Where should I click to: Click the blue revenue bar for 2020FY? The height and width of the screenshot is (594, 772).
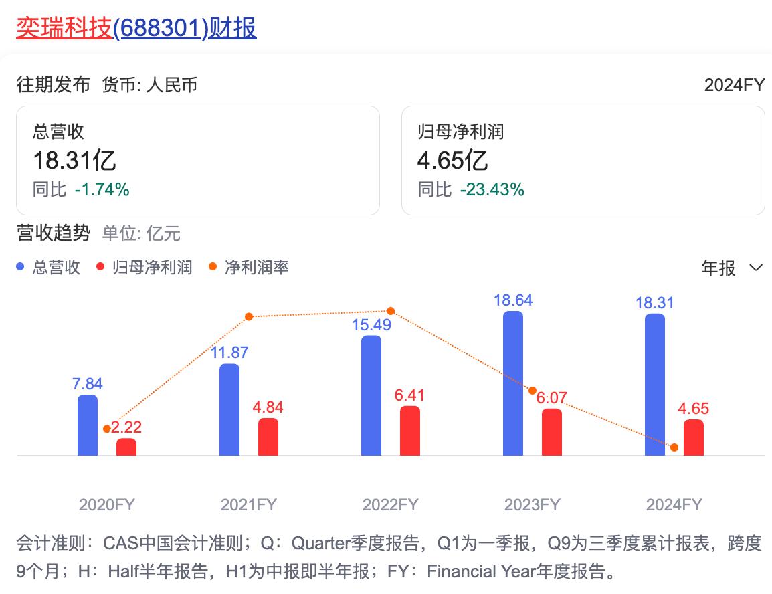88,425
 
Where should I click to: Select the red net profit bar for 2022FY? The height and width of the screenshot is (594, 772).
410,431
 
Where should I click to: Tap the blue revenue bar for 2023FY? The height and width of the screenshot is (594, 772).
513,384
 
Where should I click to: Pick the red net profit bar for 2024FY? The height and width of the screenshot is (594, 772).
694,438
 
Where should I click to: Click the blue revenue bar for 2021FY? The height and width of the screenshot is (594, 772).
229,410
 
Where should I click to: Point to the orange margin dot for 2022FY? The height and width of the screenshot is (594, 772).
391,311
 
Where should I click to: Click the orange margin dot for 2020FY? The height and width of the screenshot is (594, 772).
107,429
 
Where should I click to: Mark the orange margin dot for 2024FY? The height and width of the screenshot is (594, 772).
674,448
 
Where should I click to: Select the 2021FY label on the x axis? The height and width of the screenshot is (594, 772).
248,504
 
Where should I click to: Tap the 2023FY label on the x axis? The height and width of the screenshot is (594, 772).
532,504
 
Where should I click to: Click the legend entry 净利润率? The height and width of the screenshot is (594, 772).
257,268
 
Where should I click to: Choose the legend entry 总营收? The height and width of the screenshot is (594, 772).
56,268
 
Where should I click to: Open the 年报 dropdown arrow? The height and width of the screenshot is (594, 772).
756,268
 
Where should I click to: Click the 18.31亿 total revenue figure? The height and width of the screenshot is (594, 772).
74,161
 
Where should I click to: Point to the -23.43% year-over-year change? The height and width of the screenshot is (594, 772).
492,190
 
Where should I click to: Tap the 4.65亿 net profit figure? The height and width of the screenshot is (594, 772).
452,161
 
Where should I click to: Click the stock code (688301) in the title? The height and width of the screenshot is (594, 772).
159,28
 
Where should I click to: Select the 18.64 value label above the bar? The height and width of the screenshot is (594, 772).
513,300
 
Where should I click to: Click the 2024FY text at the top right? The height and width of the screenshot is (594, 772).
734,85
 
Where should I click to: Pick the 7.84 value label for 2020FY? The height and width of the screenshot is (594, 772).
88,384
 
